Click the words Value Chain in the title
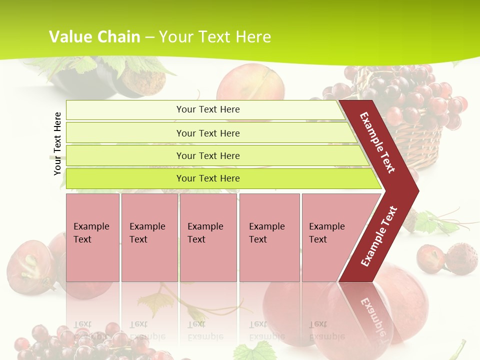94,36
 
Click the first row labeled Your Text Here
207,109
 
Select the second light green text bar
207,133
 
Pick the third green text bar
207,155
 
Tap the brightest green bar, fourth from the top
207,178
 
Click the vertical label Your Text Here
58,143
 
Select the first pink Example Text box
92,237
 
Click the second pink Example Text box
149,237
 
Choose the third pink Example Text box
207,237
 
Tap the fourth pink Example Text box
269,237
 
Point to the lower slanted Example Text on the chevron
378,236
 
